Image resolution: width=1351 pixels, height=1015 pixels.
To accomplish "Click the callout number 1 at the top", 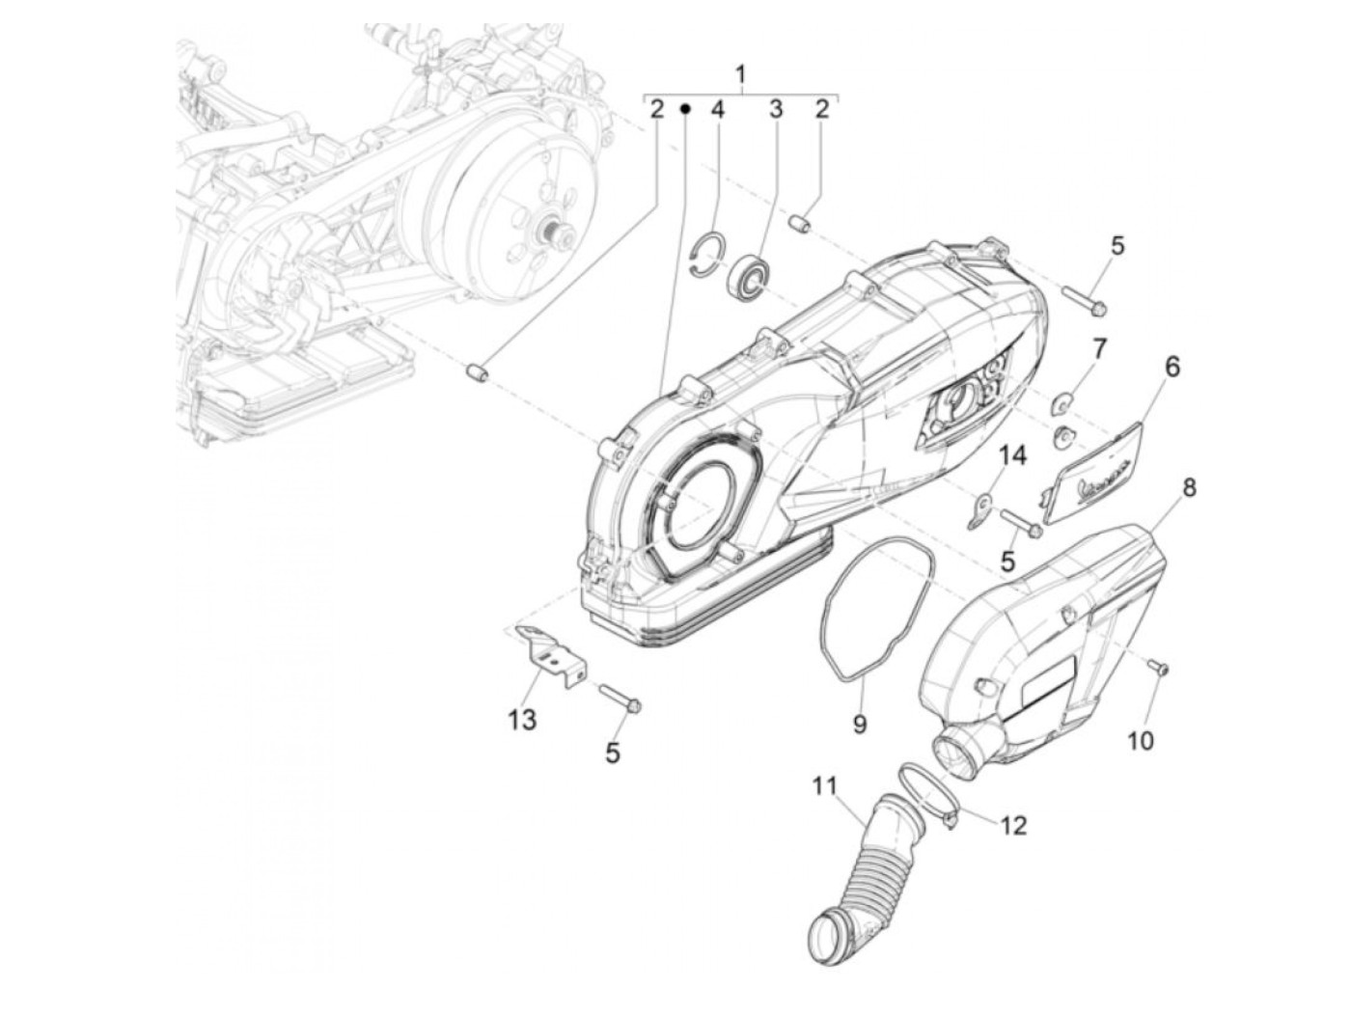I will click(x=740, y=74).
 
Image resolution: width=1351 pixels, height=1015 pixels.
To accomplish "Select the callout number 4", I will click(x=717, y=109).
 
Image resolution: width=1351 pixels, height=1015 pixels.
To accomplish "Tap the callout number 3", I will click(x=775, y=109).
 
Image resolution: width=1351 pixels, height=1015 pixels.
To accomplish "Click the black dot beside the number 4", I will click(x=685, y=109).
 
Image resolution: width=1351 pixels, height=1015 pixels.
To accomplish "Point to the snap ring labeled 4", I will click(x=709, y=256).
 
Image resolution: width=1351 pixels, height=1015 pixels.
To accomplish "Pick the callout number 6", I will click(x=1172, y=367).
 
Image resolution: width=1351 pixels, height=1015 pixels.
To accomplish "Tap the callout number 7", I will click(x=1099, y=346).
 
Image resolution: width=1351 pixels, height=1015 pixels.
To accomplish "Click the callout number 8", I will click(x=1189, y=488).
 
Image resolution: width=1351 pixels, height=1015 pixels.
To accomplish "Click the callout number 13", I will click(x=522, y=719).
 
